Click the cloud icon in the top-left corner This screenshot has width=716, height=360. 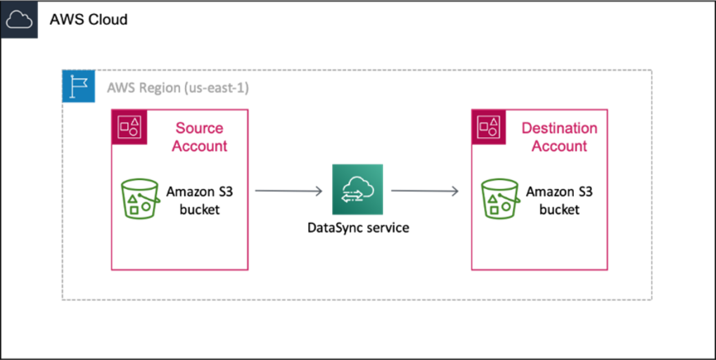coord(19,20)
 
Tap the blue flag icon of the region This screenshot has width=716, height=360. coord(79,87)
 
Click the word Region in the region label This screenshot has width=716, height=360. coord(160,88)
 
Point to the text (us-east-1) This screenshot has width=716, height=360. coord(216,88)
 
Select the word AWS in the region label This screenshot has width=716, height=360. coord(121,88)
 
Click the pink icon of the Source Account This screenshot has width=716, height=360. coord(129,127)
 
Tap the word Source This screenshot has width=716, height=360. coord(199,128)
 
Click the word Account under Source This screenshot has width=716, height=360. coord(199,146)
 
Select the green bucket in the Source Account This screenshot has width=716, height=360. coord(140,198)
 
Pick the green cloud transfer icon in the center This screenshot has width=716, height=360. coord(357,189)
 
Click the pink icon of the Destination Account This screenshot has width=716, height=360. coord(488,127)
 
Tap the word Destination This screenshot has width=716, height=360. coord(559,128)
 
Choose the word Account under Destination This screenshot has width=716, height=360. coord(559,146)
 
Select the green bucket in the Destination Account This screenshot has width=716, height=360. coord(500,198)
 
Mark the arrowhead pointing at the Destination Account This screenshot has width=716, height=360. coord(455,190)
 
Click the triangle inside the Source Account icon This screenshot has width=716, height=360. coord(134,121)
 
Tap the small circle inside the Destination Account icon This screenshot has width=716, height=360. coord(492,132)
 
